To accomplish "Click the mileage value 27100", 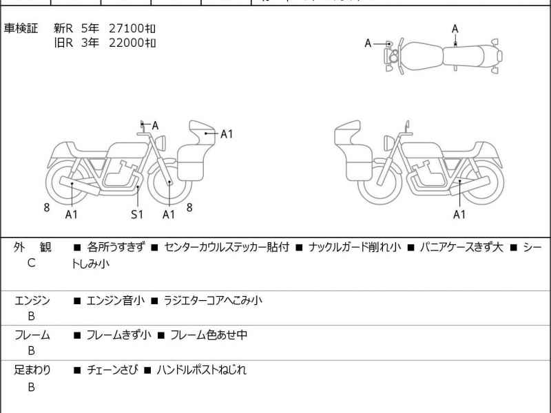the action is pos(126,28).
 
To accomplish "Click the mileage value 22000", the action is pos(126,43).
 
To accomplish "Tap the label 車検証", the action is pos(21,28).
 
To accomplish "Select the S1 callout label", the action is pos(137,214).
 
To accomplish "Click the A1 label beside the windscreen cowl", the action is pos(227,134).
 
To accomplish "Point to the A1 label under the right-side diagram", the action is pos(459,214).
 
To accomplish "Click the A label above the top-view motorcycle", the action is pos(455,29).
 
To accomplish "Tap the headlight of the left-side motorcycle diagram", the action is pos(160,143).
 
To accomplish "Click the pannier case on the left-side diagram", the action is pos(191,162).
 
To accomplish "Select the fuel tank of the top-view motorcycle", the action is pos(420,56).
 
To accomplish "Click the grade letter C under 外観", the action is pos(31,263).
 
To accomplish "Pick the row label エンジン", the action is pos(32,301).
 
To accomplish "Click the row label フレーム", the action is pos(32,335).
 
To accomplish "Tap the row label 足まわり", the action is pos(32,370).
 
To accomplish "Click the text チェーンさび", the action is pos(112,370).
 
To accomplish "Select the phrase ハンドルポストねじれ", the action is pos(201,370).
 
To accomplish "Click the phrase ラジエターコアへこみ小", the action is pos(213,301).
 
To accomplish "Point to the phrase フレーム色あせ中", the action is pos(209,335).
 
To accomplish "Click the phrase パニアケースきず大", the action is pos(461,247).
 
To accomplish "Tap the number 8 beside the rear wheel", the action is pos(47,208).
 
